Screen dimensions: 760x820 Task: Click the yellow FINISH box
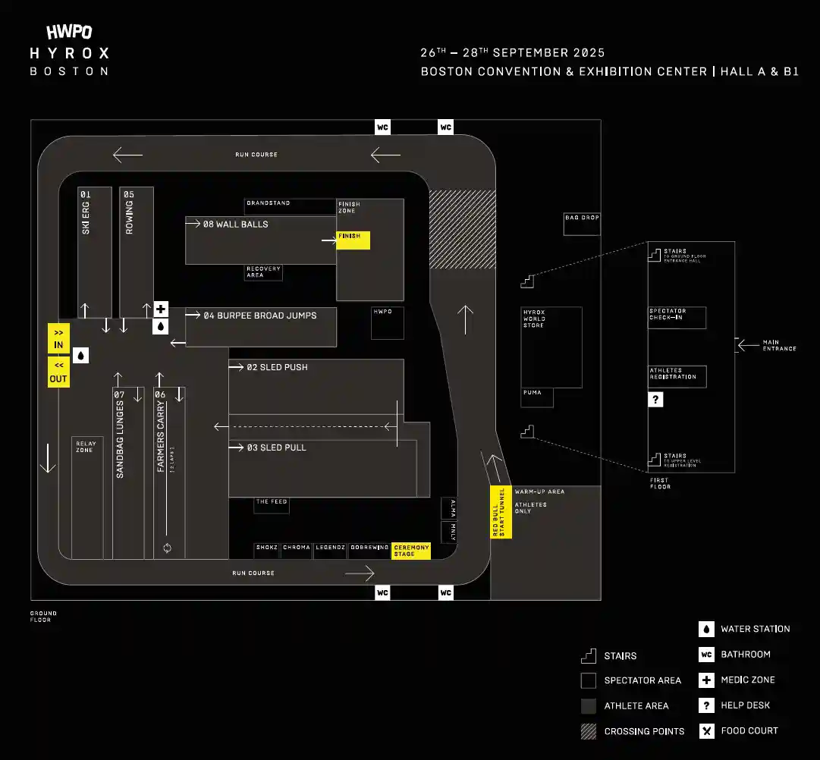[x=353, y=240]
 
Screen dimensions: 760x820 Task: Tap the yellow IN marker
[x=58, y=338]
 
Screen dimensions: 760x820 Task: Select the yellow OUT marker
[x=58, y=372]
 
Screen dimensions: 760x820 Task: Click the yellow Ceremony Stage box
[x=411, y=550]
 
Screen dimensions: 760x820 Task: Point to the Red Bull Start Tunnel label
[x=501, y=512]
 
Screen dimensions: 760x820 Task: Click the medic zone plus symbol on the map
[x=161, y=309]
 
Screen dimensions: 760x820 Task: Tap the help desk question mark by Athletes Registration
[x=655, y=399]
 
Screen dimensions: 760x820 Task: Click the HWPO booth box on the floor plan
[x=387, y=322]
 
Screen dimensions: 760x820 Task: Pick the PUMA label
[x=536, y=397]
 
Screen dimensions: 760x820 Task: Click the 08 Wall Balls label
[x=235, y=225]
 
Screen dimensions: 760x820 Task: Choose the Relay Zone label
[x=86, y=447]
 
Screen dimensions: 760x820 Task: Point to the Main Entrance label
[x=779, y=346]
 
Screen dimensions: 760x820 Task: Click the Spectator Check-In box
[x=677, y=318]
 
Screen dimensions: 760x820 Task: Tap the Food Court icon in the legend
[x=706, y=731]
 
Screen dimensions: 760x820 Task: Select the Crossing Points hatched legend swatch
[x=589, y=731]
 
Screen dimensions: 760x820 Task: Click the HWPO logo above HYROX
[x=69, y=32]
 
